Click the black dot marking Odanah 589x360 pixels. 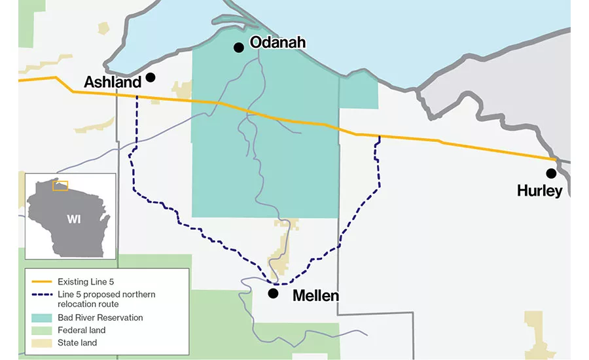point(239,47)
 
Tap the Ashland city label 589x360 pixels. point(113,82)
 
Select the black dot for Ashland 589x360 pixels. point(151,77)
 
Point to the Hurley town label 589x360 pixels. point(539,191)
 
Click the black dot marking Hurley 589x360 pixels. point(551,173)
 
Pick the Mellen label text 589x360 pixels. point(315,295)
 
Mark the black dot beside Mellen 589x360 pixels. point(273,293)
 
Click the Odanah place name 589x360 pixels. point(277,43)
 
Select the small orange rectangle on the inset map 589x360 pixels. point(60,185)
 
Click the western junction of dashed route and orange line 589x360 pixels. point(137,97)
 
